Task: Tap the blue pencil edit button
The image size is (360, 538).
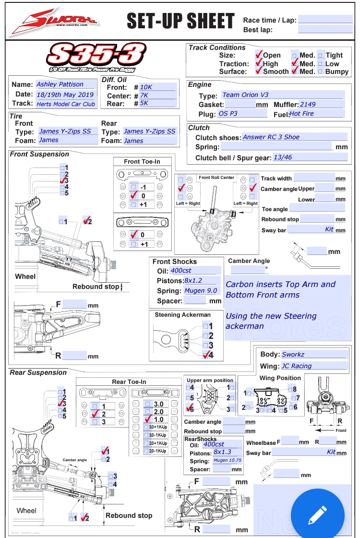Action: tap(318, 515)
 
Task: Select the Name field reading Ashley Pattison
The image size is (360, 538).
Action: tap(66, 84)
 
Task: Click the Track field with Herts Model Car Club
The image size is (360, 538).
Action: tap(66, 104)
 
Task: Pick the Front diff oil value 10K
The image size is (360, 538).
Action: tap(158, 87)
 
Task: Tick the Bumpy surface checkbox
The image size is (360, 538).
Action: tap(321, 72)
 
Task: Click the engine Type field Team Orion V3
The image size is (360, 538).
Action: tap(282, 95)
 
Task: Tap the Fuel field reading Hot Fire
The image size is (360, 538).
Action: tap(316, 114)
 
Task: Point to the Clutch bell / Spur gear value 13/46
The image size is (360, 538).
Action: tap(310, 157)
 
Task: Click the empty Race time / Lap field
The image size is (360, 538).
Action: tap(325, 20)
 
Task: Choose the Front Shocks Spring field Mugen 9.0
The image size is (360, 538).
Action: tap(202, 291)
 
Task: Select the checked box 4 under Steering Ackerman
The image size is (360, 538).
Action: tap(207, 355)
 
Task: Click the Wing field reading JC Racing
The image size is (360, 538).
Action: tap(314, 366)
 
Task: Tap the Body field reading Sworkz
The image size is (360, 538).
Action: tap(314, 355)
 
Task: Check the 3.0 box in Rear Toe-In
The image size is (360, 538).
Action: tap(148, 404)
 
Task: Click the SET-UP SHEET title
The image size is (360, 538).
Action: tap(180, 21)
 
